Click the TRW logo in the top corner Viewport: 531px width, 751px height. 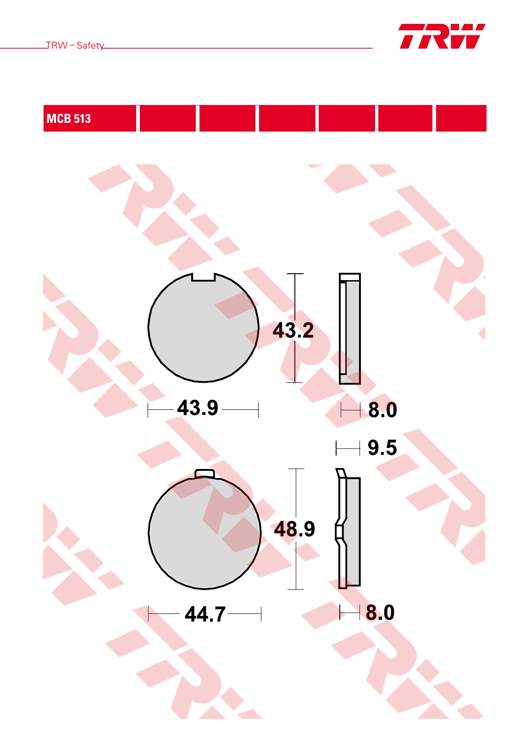point(442,36)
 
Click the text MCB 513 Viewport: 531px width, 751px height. point(69,119)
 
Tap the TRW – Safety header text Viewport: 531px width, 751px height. point(75,45)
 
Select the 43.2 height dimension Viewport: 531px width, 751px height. point(293,330)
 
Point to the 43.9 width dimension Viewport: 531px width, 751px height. point(198,408)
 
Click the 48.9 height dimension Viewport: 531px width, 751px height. point(295,529)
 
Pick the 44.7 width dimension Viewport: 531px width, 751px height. point(205,614)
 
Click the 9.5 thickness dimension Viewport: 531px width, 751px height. point(382,447)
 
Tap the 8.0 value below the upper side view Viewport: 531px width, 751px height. point(382,410)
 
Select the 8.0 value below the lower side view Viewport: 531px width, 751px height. point(380,613)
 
